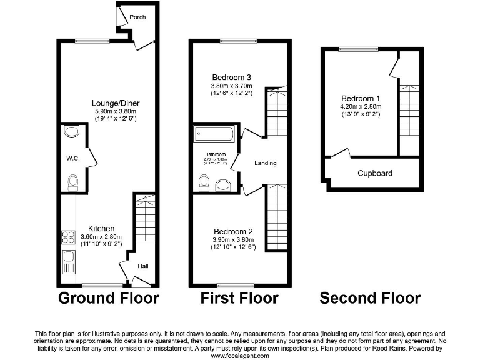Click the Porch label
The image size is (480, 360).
(x=137, y=17)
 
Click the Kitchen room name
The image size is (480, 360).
(x=101, y=228)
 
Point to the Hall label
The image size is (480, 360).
(x=143, y=266)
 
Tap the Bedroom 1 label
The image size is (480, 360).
(x=361, y=98)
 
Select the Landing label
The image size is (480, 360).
(x=265, y=163)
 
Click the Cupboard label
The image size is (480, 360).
(x=374, y=173)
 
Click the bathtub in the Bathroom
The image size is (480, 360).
(x=214, y=133)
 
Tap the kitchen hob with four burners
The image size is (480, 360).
(x=68, y=237)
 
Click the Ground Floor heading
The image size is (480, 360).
(x=109, y=298)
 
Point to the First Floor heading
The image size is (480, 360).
(x=239, y=298)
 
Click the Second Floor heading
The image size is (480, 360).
(x=370, y=298)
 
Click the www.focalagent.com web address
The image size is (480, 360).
(x=240, y=356)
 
